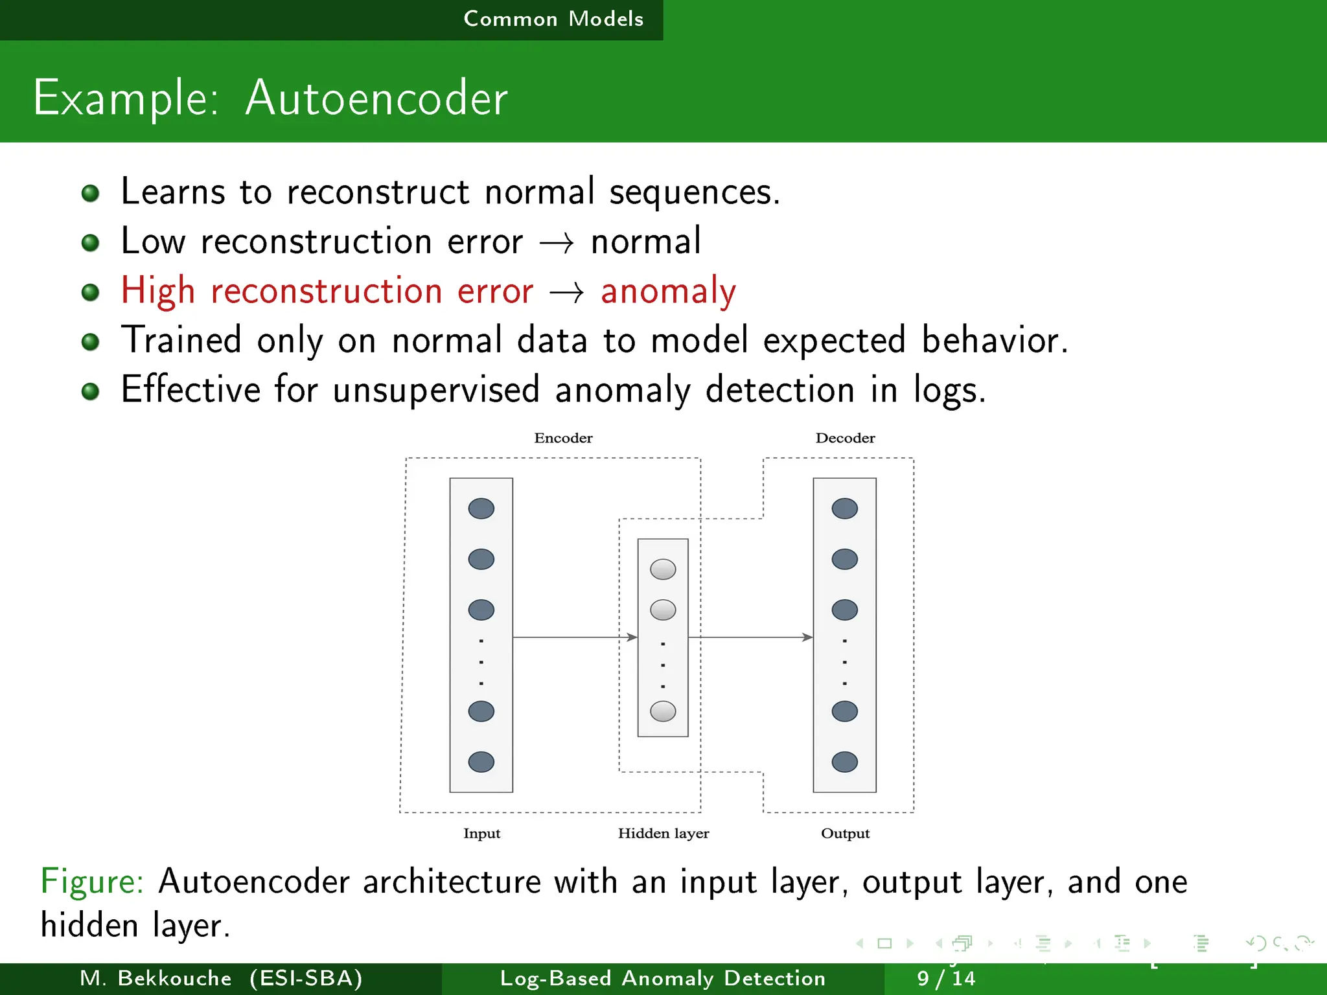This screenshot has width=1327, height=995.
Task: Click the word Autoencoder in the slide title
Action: click(376, 98)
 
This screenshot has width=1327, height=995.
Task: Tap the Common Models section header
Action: click(553, 19)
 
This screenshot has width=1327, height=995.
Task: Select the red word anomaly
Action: click(668, 291)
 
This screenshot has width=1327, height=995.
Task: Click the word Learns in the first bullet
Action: click(173, 192)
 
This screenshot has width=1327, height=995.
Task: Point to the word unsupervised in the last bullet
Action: click(436, 390)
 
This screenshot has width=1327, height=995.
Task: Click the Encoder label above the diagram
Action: click(563, 438)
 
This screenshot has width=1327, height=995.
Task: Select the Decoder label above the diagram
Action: click(845, 438)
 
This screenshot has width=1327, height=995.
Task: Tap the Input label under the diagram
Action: click(481, 833)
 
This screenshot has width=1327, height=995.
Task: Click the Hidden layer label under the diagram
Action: click(663, 833)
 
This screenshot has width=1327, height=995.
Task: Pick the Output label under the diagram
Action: click(845, 833)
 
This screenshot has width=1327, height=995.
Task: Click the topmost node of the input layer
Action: click(481, 509)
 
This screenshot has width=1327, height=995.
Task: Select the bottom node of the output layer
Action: click(844, 762)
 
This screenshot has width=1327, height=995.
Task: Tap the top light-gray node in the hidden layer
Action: click(663, 569)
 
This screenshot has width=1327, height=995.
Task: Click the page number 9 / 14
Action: click(945, 978)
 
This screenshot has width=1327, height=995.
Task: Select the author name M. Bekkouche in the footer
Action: click(156, 978)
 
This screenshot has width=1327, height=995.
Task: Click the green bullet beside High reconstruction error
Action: click(91, 292)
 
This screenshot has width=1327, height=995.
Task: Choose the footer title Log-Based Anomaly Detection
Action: click(663, 978)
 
